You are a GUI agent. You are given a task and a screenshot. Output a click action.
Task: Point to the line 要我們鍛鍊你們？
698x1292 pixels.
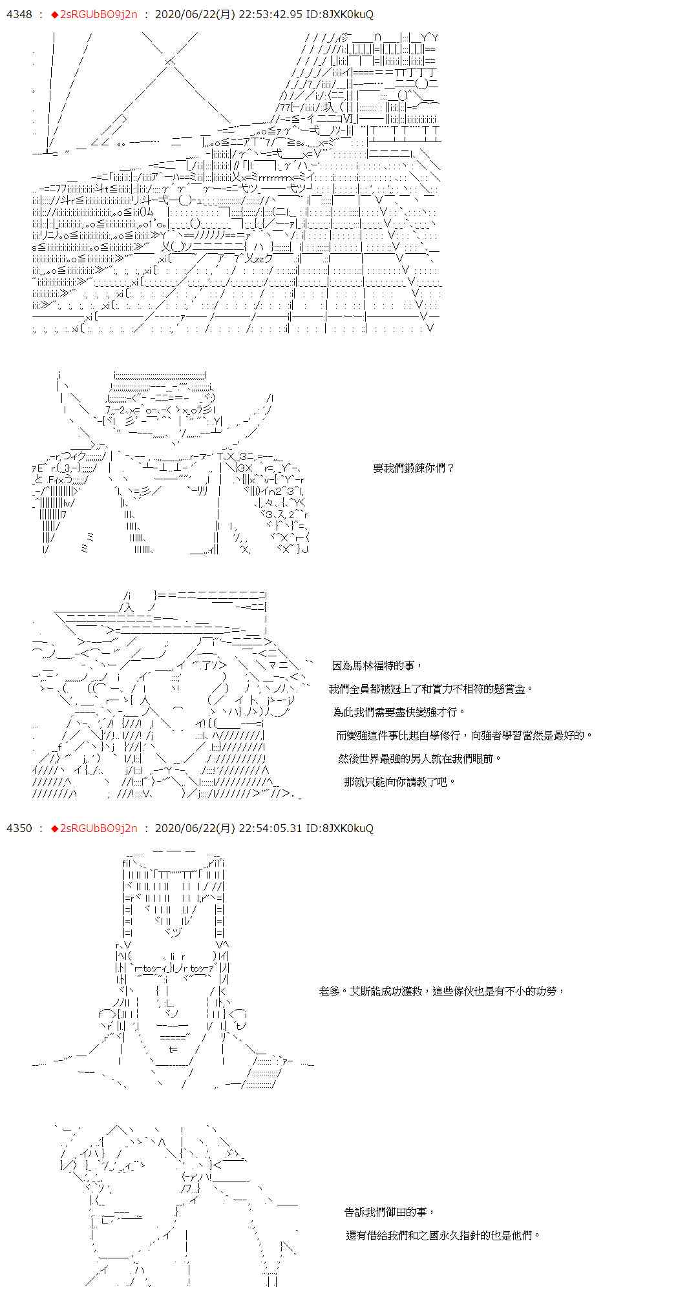[x=414, y=468]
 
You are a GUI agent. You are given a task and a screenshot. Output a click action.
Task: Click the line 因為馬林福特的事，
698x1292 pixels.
[x=377, y=665]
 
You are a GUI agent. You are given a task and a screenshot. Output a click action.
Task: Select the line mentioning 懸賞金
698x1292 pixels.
[x=431, y=689]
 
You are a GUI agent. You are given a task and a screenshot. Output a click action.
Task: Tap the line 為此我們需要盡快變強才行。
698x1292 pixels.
[x=399, y=712]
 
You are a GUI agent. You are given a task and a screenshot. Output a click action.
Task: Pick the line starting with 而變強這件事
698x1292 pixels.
[x=464, y=735]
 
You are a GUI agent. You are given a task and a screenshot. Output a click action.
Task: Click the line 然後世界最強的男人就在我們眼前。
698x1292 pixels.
[x=420, y=758]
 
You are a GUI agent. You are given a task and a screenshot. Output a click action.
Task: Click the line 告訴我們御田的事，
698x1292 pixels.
[x=390, y=1212]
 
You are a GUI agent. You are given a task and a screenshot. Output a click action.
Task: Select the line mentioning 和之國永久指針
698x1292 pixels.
[x=443, y=1235]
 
